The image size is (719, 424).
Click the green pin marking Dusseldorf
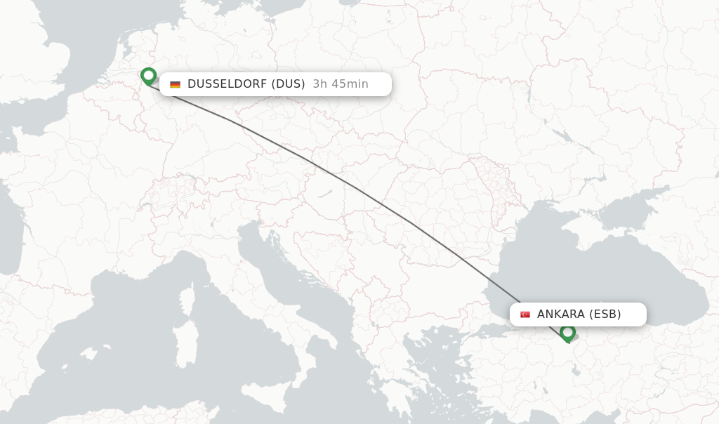[x=148, y=76]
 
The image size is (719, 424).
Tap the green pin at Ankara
[x=567, y=333]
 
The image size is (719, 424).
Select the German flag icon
[x=175, y=84]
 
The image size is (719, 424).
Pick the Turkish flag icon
[x=525, y=314]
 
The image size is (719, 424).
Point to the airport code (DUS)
[x=289, y=84]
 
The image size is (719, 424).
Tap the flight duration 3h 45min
[x=341, y=84]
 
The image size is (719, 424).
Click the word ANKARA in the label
[x=560, y=314]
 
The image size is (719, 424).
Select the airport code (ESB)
[x=605, y=314]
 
